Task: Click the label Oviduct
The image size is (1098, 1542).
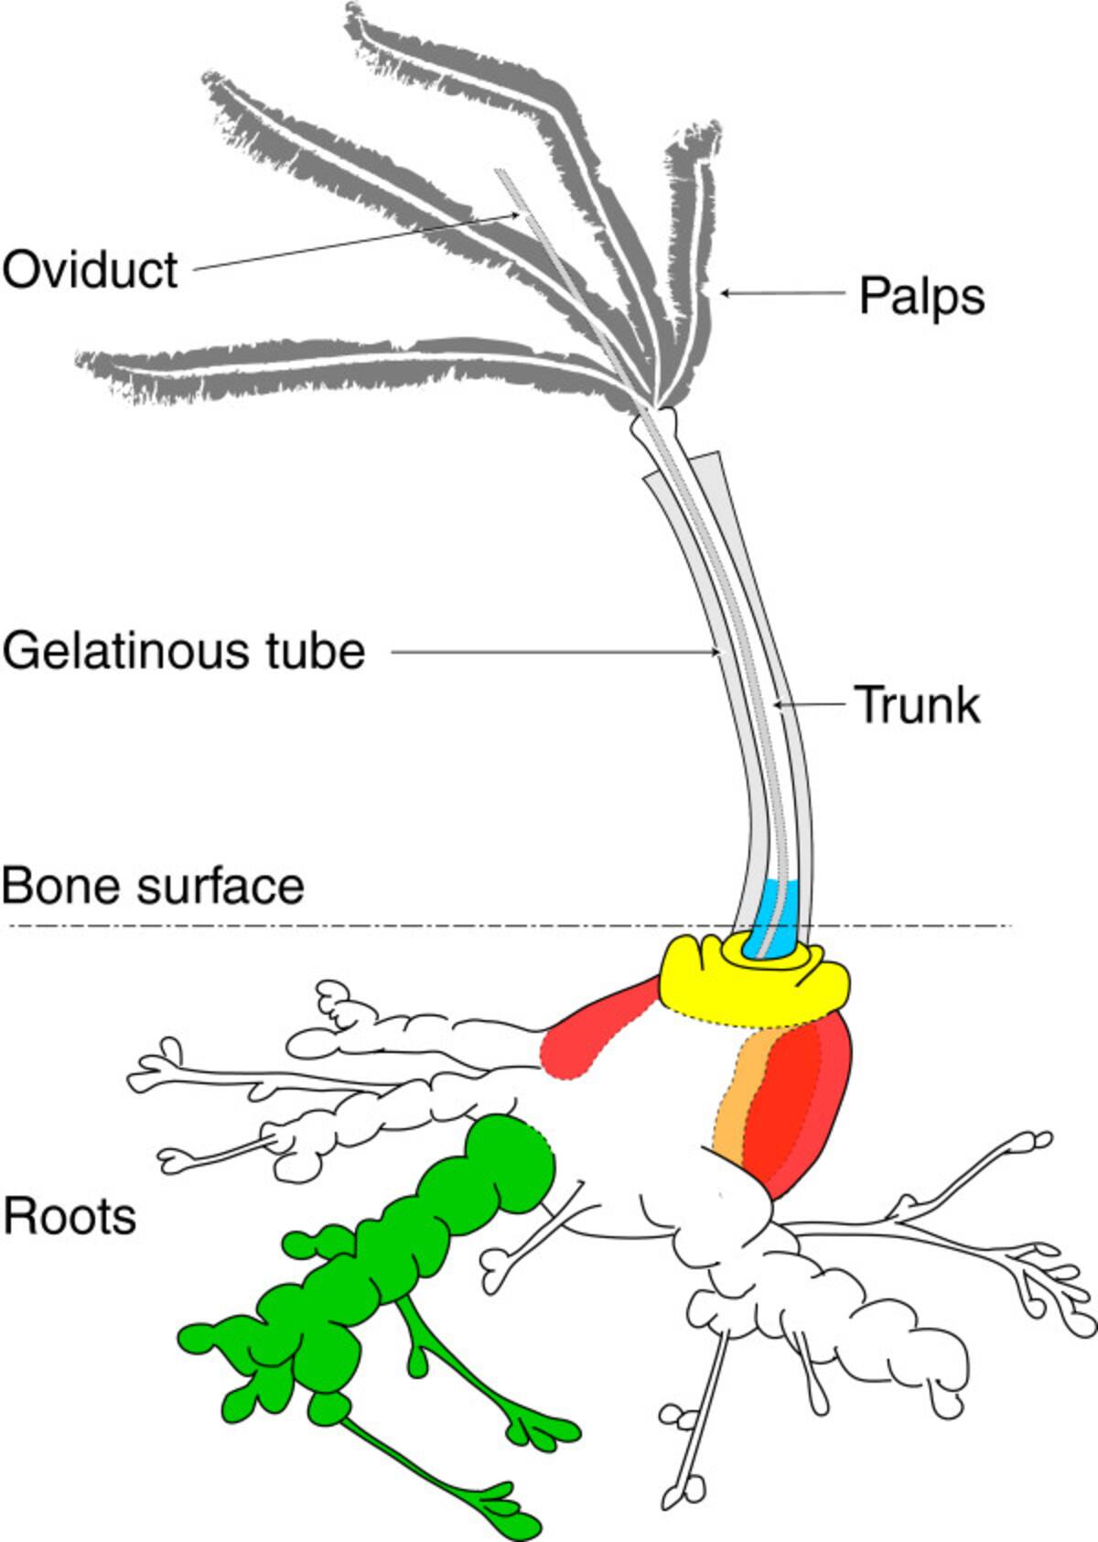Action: pos(90,270)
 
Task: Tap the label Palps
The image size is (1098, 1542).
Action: pos(921,297)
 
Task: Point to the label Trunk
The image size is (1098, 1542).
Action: pos(918,706)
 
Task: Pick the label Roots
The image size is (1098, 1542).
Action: pos(70,1217)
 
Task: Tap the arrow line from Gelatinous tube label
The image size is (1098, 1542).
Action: pos(549,652)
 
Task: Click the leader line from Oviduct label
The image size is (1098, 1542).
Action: pos(357,242)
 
